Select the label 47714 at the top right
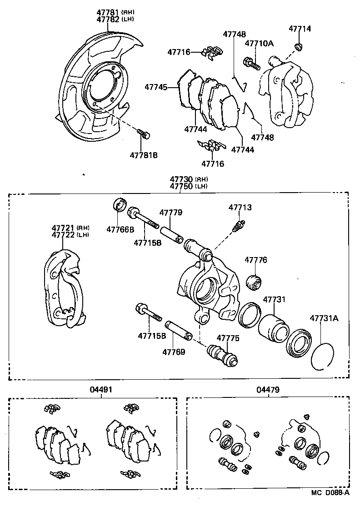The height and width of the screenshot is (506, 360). pyautogui.click(x=300, y=28)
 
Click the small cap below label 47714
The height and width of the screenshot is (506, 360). pyautogui.click(x=299, y=46)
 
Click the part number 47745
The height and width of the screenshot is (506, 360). pyautogui.click(x=156, y=86)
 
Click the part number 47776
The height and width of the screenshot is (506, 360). pyautogui.click(x=256, y=260)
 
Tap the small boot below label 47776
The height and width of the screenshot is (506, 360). pyautogui.click(x=253, y=283)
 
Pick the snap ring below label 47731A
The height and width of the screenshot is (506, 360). pyautogui.click(x=323, y=356)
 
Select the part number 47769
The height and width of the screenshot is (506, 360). pyautogui.click(x=174, y=351)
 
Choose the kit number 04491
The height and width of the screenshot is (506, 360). pyautogui.click(x=101, y=389)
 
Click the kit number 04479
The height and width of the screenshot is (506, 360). pyautogui.click(x=268, y=389)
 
